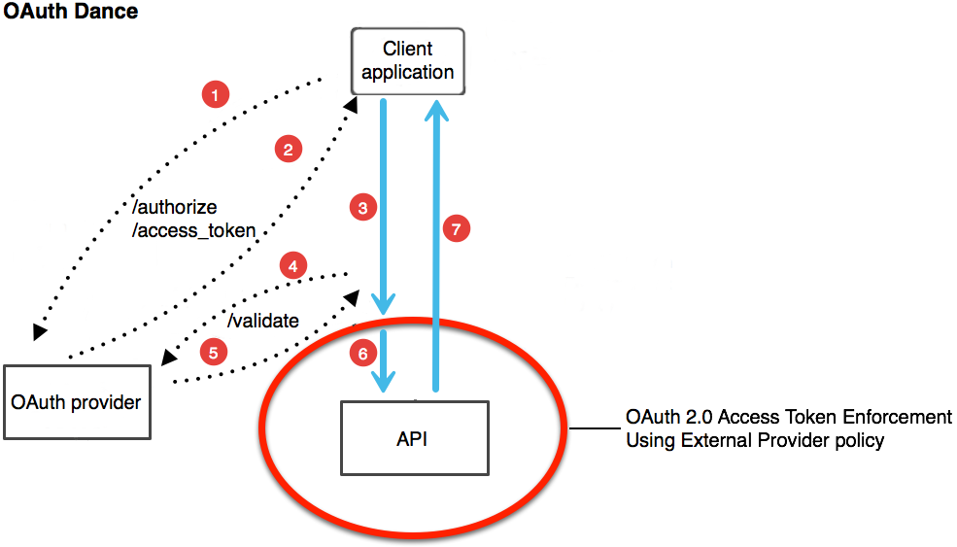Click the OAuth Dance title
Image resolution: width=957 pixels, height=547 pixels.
coord(71,13)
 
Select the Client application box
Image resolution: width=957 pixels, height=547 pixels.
coord(407,60)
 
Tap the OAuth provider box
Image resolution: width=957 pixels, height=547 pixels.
coord(77,401)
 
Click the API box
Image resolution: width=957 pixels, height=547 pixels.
coord(412,439)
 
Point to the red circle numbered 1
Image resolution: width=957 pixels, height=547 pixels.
coord(215,94)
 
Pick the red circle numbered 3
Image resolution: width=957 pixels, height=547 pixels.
coord(362,207)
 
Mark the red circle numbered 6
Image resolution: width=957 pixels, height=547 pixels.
coord(362,355)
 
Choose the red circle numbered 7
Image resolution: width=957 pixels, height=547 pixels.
coord(456,229)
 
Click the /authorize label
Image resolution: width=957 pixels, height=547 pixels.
coord(174,208)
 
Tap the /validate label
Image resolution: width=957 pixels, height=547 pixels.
coord(262,321)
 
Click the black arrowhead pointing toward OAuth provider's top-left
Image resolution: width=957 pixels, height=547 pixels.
coord(39,333)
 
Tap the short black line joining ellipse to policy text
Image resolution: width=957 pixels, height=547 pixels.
coord(593,428)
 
